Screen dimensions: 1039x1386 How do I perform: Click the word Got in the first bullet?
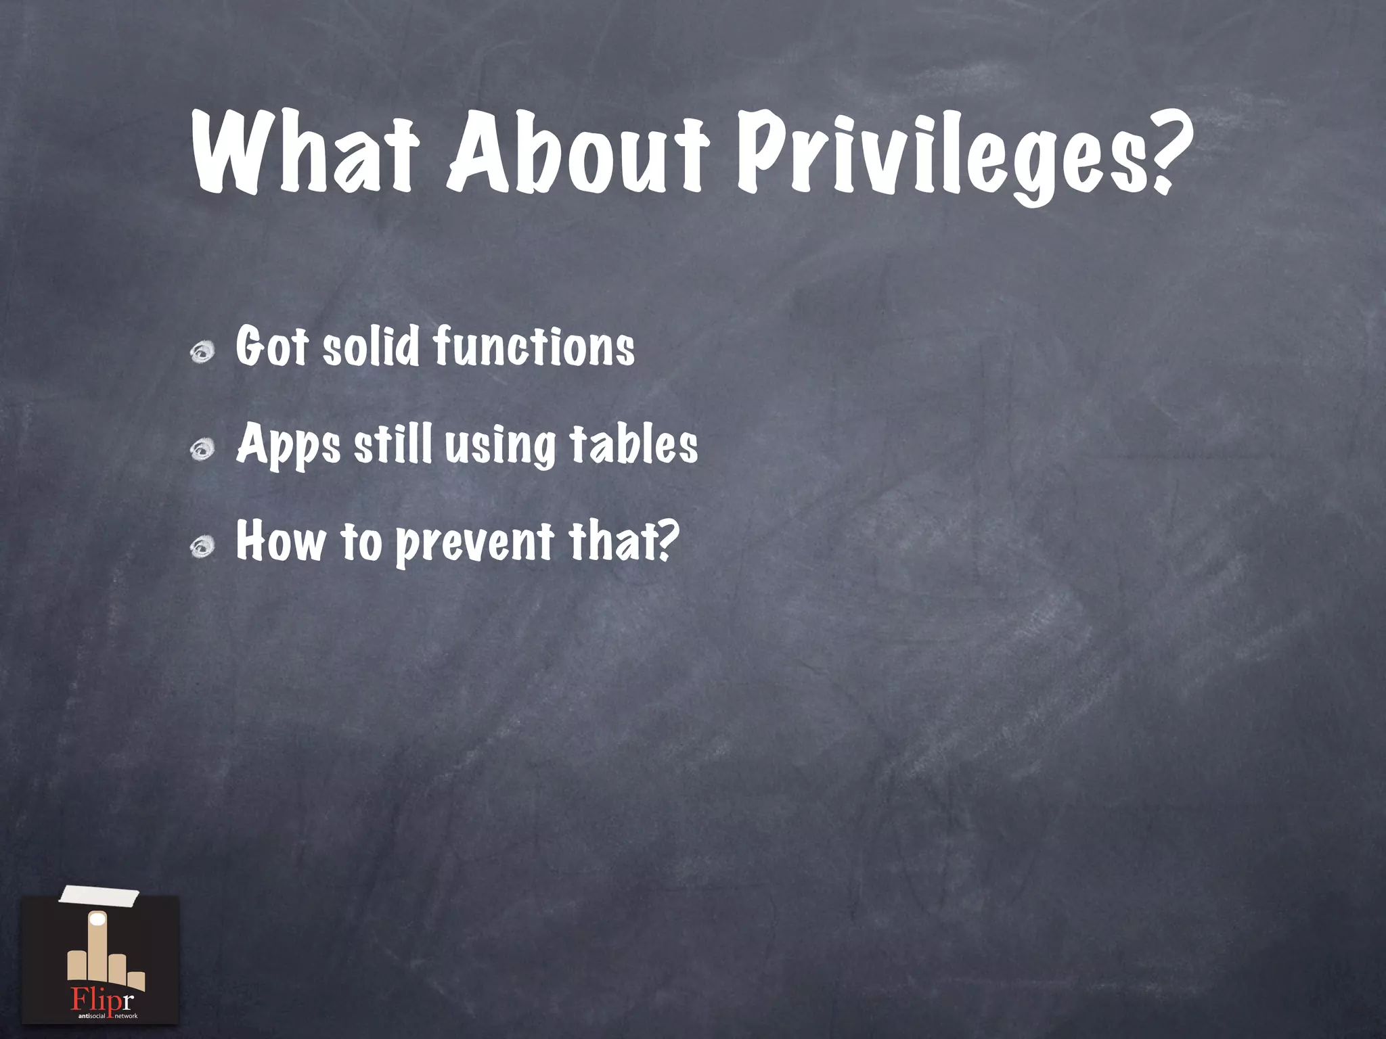(271, 347)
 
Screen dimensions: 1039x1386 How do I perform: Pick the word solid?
(371, 347)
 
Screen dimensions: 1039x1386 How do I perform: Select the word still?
(393, 444)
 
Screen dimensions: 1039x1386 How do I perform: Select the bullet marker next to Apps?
(202, 449)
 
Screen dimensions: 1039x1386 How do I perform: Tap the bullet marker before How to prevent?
(202, 546)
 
